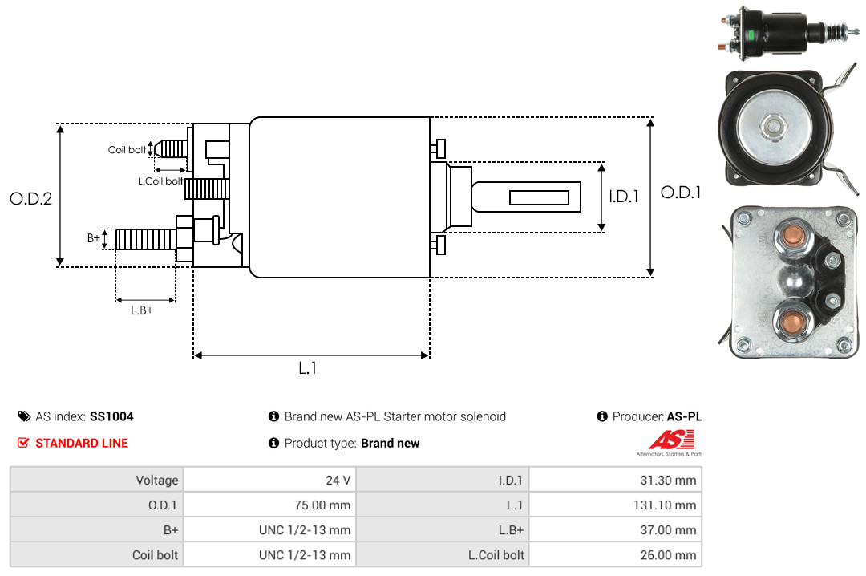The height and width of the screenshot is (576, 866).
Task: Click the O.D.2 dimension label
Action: coord(30,198)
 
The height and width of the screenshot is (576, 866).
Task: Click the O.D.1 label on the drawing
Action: coord(681,193)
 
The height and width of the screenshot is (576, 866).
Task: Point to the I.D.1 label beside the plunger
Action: coord(623,196)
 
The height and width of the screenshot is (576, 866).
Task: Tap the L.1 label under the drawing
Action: coord(308,368)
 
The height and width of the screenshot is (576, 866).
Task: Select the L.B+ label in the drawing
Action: coord(142,310)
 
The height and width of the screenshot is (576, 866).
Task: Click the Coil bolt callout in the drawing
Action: coord(127,150)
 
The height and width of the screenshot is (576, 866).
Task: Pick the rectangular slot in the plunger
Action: coord(539,197)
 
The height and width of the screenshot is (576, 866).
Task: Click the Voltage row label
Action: coord(156,481)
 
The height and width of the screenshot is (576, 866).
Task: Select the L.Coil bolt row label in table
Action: coord(496,555)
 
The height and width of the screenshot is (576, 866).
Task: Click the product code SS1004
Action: coord(111,416)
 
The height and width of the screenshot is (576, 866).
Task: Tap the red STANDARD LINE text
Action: coord(81,443)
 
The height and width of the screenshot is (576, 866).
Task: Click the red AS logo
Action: coord(672,440)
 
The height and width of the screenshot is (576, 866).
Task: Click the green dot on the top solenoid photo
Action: coord(751,34)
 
